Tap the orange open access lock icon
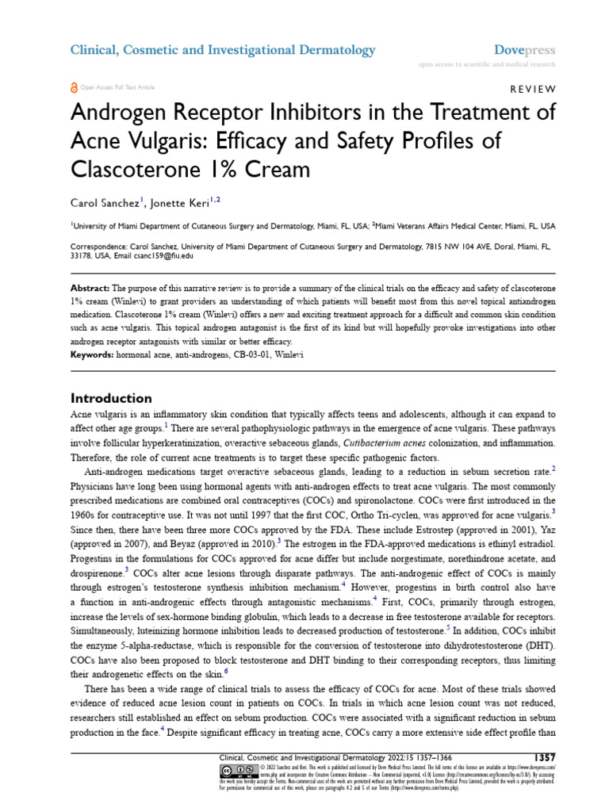[x=74, y=86]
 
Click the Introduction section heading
[x=111, y=398]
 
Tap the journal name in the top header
[x=223, y=50]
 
